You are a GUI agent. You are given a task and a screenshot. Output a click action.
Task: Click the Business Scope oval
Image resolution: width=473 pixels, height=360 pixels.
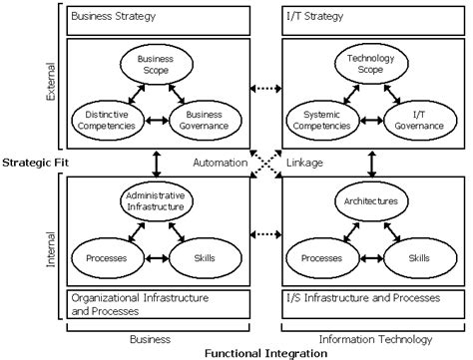tap(155, 65)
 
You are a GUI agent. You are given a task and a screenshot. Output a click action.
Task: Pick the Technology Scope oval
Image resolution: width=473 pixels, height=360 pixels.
tap(370, 65)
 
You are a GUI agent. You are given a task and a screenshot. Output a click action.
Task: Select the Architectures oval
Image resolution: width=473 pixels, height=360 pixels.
tap(370, 200)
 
